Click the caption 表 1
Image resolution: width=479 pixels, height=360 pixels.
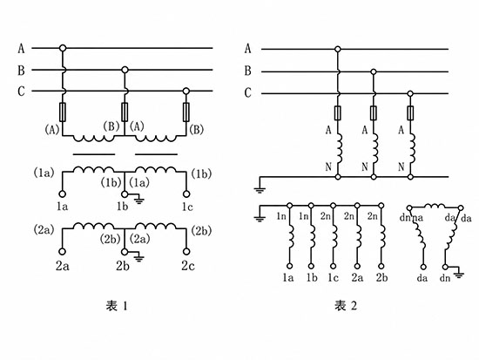117,306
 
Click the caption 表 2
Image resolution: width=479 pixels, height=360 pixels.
346,306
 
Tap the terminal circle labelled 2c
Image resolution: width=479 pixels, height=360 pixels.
186,251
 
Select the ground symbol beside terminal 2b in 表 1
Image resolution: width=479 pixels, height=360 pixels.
139,257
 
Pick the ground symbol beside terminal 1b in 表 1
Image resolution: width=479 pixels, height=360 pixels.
139,200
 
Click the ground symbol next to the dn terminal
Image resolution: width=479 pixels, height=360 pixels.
459,273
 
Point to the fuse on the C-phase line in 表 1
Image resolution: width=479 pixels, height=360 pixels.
186,112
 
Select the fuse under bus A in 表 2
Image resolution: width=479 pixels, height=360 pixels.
338,112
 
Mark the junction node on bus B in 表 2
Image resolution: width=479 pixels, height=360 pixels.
374,71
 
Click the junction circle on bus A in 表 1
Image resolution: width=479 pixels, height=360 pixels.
63,48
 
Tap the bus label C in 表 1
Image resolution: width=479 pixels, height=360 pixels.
21,92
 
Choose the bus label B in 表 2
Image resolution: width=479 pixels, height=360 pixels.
247,71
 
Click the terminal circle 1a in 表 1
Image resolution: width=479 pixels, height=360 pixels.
63,194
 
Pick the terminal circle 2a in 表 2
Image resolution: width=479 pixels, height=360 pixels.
357,267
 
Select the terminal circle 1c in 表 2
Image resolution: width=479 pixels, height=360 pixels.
334,267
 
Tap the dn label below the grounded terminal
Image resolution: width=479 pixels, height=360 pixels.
445,278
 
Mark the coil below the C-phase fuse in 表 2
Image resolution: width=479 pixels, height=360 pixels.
412,148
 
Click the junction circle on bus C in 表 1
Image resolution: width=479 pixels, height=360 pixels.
186,91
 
